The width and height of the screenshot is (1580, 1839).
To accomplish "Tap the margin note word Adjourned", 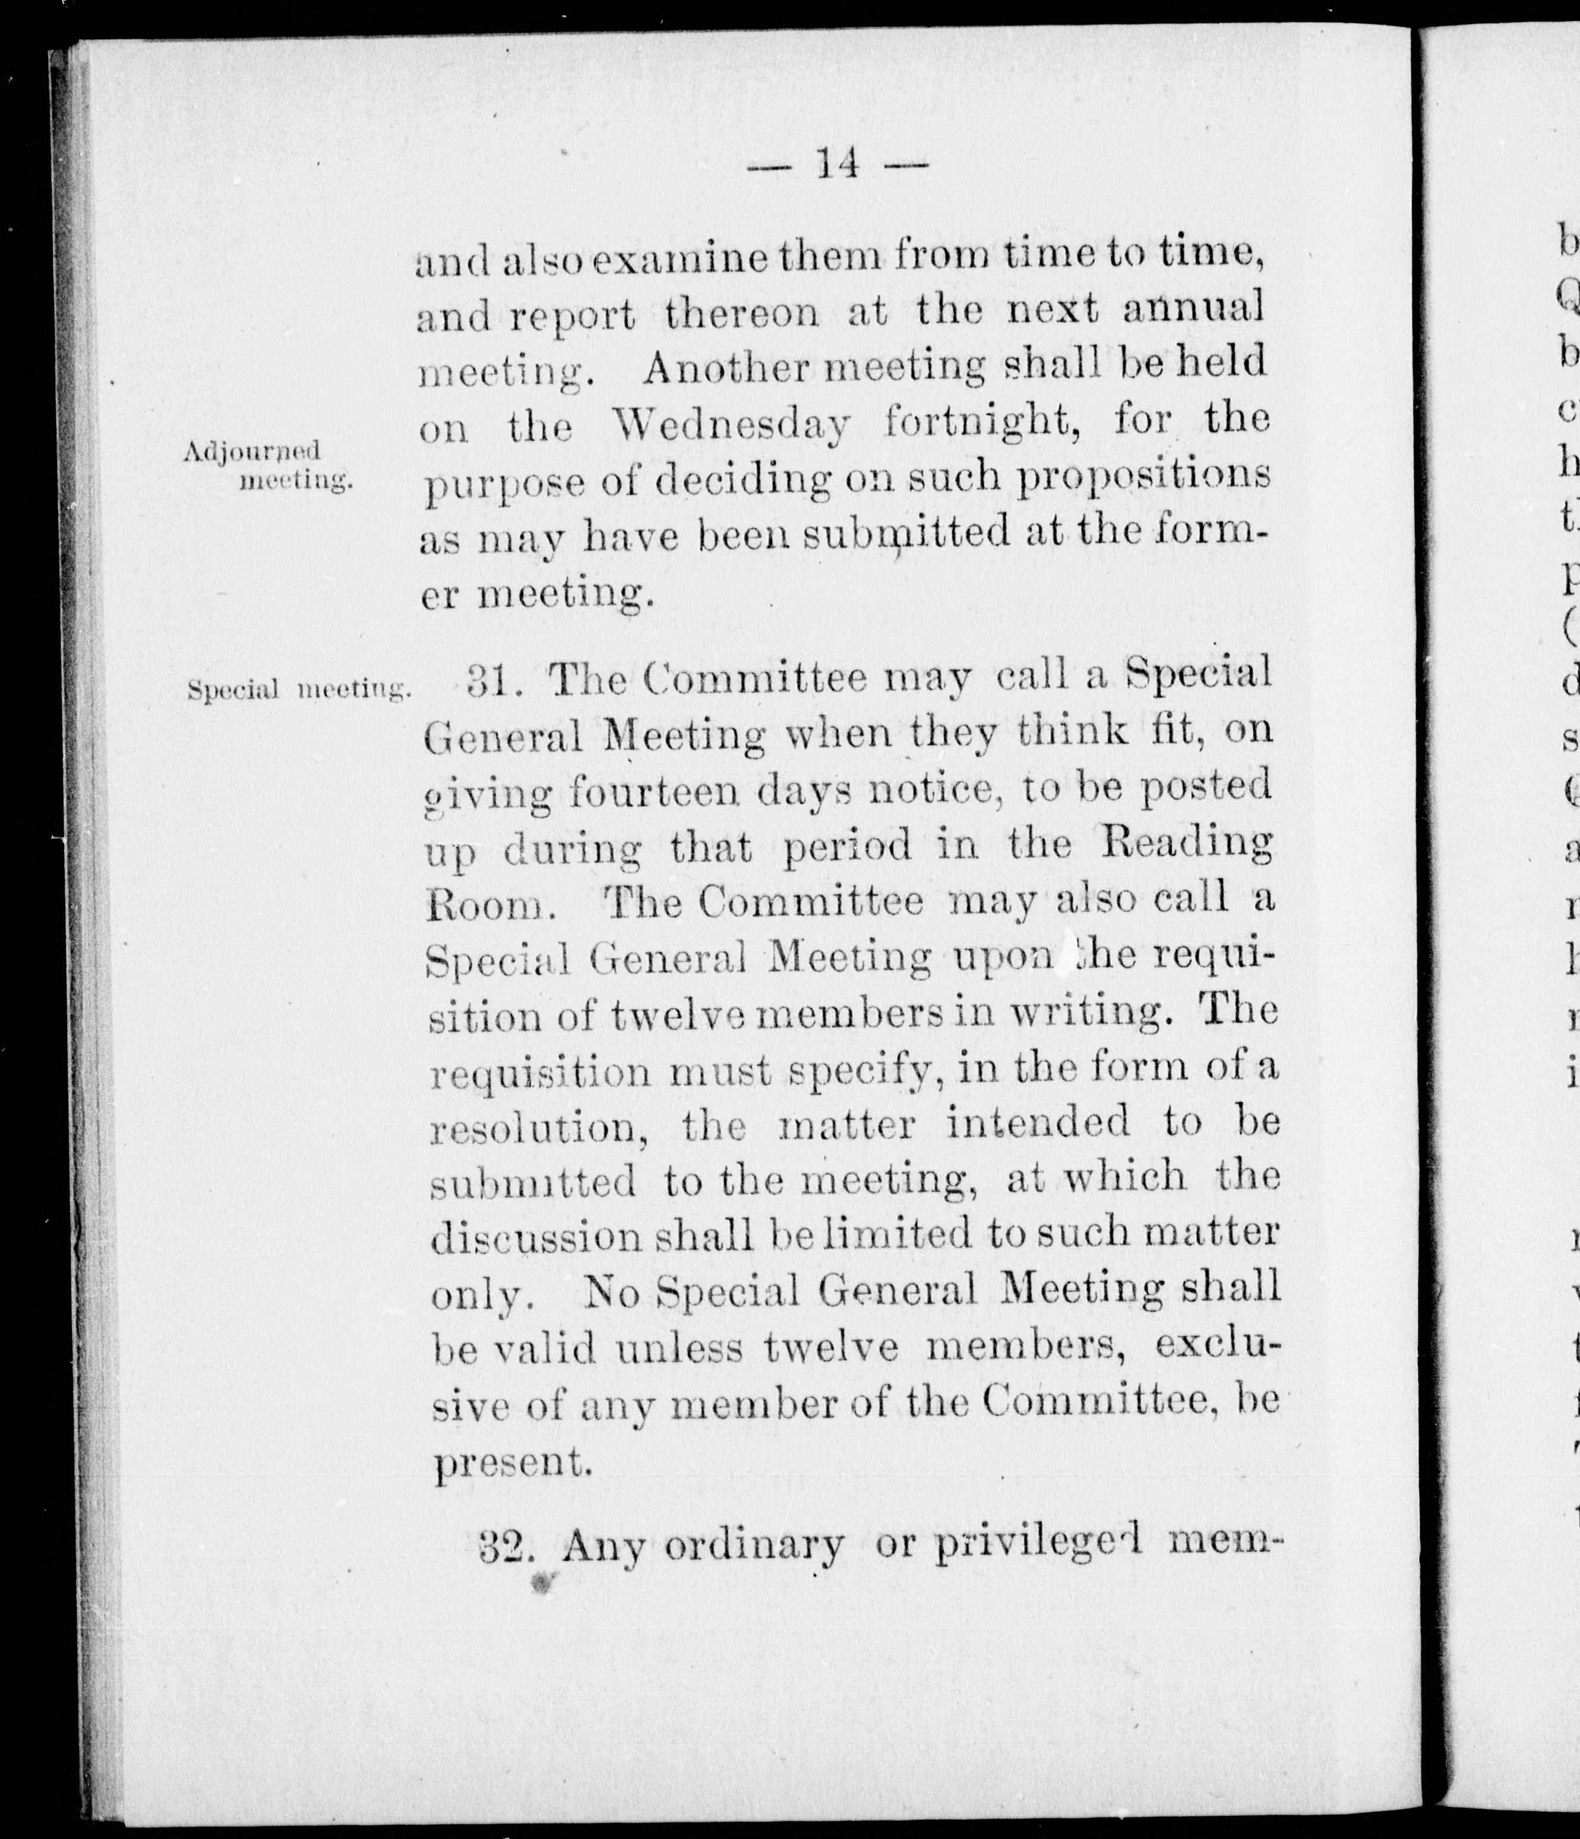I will pyautogui.click(x=251, y=453).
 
